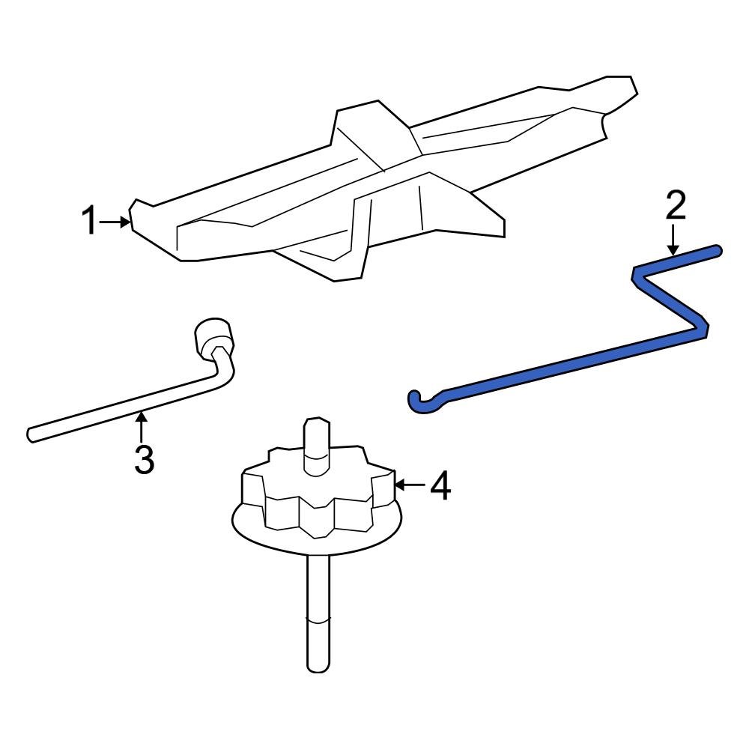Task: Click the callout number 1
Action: click(88, 221)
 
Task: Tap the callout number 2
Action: click(676, 205)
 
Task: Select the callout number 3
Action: click(144, 459)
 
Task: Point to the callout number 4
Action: click(440, 485)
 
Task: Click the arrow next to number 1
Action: click(114, 222)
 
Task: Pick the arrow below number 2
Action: click(673, 240)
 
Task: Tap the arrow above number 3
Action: click(141, 427)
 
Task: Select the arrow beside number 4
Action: click(410, 485)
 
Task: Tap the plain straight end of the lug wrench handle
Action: click(31, 435)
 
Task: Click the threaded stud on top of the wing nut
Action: click(317, 446)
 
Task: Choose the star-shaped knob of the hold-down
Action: click(318, 492)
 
